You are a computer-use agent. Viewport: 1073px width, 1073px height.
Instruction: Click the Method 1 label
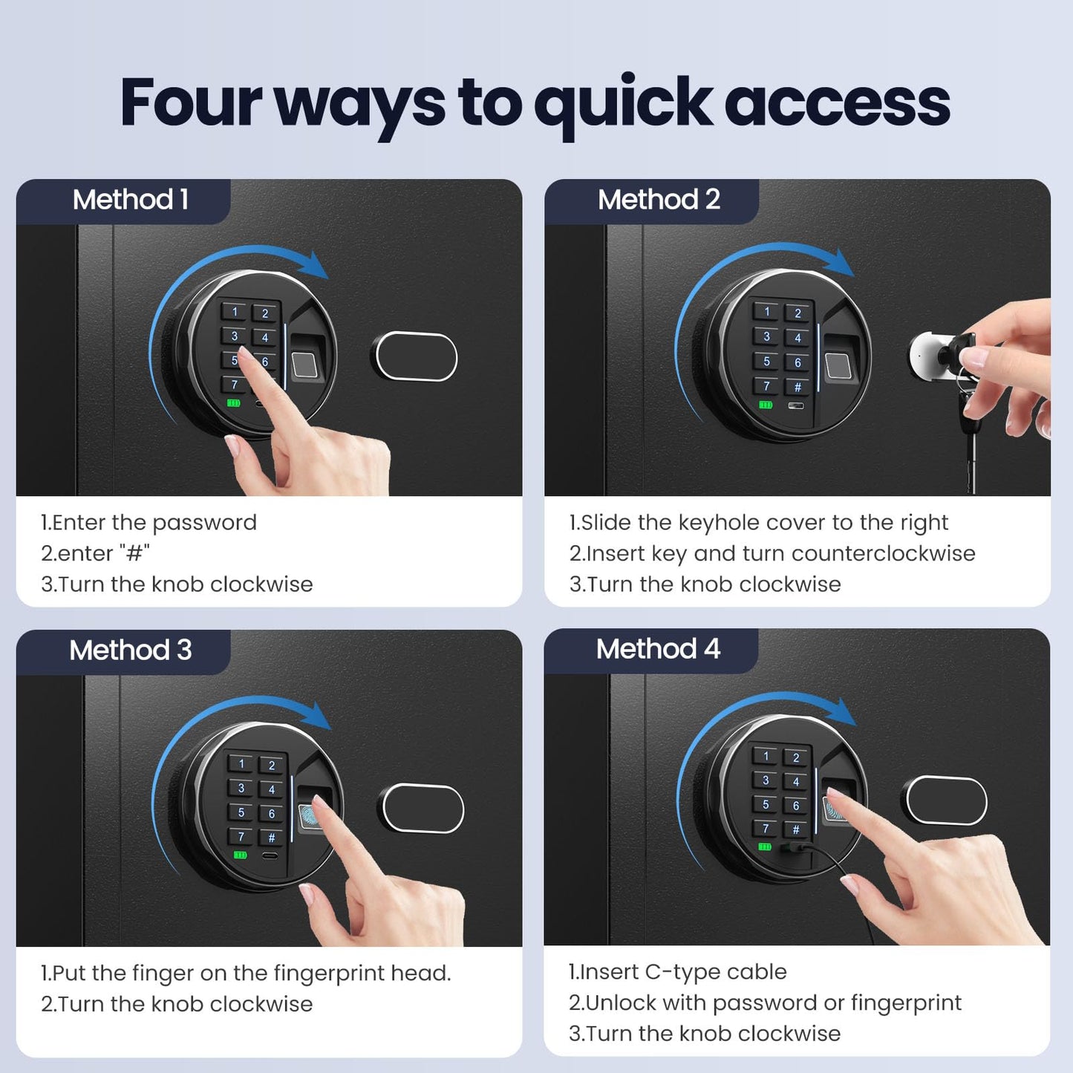tap(130, 200)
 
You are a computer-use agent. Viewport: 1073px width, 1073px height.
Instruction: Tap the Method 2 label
tap(659, 200)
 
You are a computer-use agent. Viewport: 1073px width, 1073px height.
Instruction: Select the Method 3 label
tap(130, 650)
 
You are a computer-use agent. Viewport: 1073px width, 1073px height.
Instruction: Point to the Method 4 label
tap(658, 649)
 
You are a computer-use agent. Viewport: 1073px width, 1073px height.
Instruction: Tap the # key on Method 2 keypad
tap(798, 387)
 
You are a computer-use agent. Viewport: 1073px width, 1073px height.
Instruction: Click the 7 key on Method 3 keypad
tap(241, 836)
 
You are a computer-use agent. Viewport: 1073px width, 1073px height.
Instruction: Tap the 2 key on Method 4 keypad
tap(796, 757)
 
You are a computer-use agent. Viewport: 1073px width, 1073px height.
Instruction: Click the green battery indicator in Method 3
tap(240, 855)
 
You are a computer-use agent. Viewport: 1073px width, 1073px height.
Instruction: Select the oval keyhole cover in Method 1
tap(414, 356)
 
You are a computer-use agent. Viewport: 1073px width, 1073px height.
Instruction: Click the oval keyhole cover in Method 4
tap(944, 800)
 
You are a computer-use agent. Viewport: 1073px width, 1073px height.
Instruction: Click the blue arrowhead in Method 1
tap(318, 265)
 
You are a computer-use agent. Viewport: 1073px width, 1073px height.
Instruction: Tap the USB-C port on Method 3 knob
tap(270, 855)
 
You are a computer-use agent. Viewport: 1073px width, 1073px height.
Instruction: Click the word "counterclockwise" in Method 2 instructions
tap(883, 553)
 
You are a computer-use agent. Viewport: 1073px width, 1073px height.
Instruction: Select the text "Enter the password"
tap(154, 522)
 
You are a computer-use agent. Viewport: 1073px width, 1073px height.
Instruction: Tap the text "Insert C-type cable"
tap(683, 972)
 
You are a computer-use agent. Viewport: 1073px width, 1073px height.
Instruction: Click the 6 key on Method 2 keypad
tap(798, 362)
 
